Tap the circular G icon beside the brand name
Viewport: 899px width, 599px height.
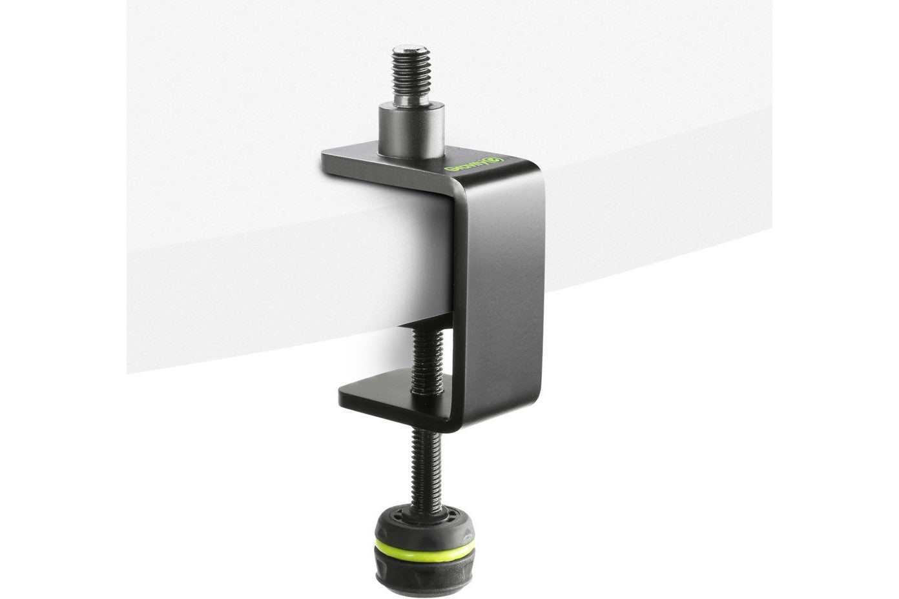tap(498, 160)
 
